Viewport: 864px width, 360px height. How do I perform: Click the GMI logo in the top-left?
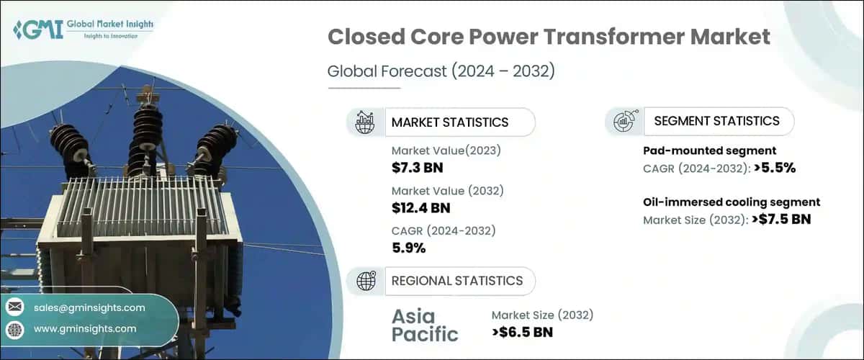(x=84, y=30)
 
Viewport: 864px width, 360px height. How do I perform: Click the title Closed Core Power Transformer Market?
(x=549, y=38)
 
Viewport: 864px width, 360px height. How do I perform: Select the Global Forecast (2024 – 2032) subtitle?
(x=443, y=71)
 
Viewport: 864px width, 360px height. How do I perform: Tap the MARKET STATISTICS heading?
(x=449, y=122)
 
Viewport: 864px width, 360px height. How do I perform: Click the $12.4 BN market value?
(x=422, y=208)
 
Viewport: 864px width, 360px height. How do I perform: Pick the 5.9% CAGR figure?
(x=408, y=248)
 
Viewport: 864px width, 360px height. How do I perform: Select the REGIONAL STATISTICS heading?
(x=456, y=281)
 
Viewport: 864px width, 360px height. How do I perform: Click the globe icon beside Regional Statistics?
(x=366, y=281)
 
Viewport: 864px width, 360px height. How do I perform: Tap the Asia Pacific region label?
(x=425, y=325)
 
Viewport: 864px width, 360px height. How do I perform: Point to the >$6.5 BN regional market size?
(x=523, y=332)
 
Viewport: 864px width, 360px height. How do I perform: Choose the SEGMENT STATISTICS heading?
(x=716, y=121)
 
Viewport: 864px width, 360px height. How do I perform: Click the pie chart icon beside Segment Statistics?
(x=623, y=122)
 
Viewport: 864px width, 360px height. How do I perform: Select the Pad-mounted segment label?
(x=709, y=150)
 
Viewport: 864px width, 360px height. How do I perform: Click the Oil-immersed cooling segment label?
(x=731, y=202)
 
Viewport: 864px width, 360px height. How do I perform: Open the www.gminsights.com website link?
(x=85, y=328)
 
